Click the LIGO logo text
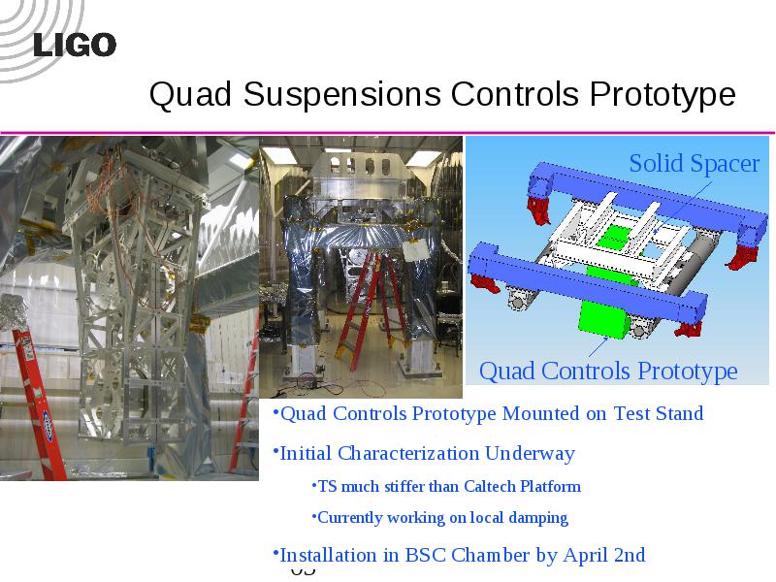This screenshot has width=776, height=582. (x=75, y=45)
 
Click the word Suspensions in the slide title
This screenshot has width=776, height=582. (x=342, y=93)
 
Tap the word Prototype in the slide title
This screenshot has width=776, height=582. (x=663, y=95)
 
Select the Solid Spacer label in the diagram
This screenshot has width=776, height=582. (x=694, y=164)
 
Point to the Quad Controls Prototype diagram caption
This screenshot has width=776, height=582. (x=608, y=372)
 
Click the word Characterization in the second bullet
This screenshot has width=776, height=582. (x=408, y=453)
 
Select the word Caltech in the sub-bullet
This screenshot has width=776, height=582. (x=490, y=487)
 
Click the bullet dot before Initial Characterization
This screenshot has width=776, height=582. (x=275, y=449)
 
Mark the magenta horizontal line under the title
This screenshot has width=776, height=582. (x=387, y=133)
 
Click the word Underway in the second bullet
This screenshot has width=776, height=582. (x=530, y=453)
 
